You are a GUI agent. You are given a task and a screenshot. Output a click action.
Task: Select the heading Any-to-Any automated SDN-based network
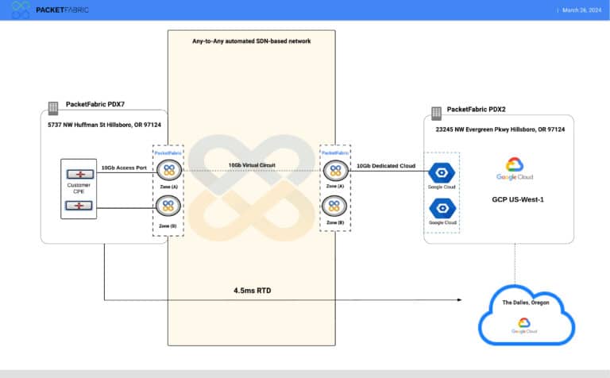(251, 40)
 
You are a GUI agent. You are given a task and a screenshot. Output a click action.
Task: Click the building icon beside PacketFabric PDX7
(53, 106)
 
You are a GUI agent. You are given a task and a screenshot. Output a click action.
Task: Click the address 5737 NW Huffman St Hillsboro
(103, 124)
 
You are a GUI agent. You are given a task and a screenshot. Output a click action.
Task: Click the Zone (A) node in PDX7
(168, 169)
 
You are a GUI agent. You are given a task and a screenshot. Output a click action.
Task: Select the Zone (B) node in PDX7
(168, 206)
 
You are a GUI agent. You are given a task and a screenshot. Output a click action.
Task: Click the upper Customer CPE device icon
(79, 173)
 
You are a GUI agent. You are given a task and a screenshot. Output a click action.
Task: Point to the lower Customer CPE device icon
(79, 206)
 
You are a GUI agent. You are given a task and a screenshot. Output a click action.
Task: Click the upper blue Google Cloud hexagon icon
(442, 172)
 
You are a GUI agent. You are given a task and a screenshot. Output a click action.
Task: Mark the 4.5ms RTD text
(251, 291)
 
